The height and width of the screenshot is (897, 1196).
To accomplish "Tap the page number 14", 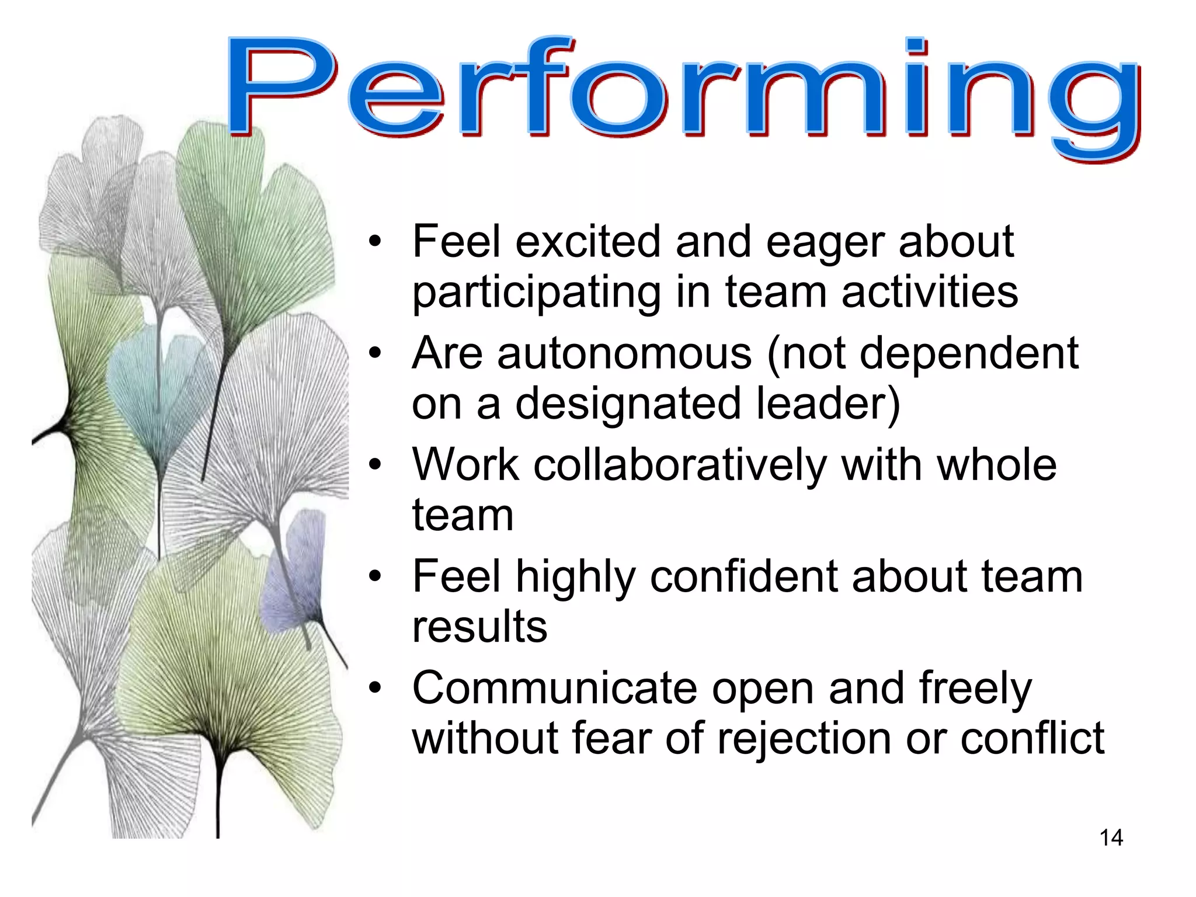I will (x=1111, y=838).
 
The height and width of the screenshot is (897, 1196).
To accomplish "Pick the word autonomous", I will (x=624, y=353).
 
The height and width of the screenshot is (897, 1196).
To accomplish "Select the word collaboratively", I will (x=680, y=466).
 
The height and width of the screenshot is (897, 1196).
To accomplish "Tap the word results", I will (x=479, y=627).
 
